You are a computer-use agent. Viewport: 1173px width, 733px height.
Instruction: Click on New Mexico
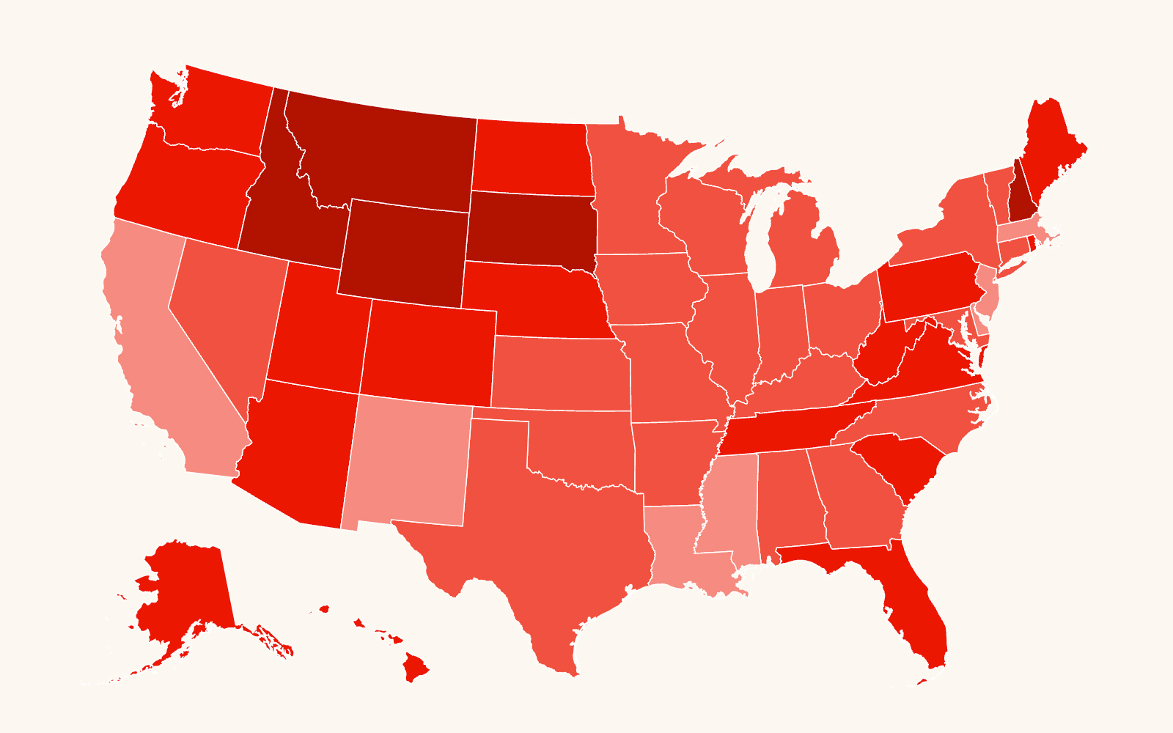pyautogui.click(x=407, y=462)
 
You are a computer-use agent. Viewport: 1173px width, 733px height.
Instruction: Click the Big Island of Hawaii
pyautogui.click(x=416, y=667)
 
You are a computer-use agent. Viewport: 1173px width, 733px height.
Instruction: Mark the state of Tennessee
pyautogui.click(x=792, y=425)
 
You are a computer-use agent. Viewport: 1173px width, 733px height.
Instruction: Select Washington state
pyautogui.click(x=220, y=110)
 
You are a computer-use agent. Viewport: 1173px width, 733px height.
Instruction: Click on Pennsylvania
pyautogui.click(x=931, y=286)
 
